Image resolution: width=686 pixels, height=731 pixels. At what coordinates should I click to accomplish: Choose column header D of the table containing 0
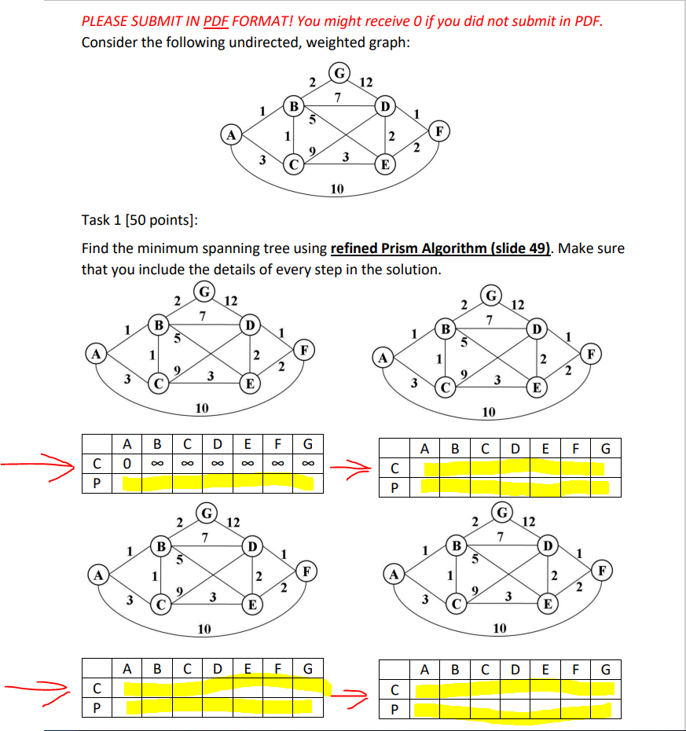216,443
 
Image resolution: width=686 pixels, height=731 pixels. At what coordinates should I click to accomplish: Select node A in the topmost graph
231,134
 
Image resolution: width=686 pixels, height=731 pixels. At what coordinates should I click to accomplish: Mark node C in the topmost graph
293,165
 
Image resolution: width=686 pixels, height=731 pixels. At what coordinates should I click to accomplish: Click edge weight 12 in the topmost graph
365,82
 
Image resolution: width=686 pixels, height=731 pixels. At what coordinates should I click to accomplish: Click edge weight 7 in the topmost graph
337,97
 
